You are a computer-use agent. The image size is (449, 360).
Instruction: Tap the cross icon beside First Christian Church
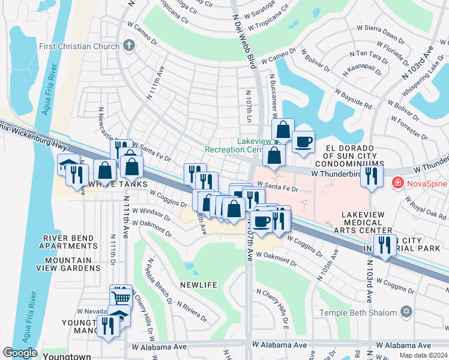click(128, 46)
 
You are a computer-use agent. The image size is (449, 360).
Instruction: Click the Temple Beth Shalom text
click(358, 313)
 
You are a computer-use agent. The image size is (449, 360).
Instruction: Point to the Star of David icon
click(406, 312)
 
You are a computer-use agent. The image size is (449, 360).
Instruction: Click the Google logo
click(20, 353)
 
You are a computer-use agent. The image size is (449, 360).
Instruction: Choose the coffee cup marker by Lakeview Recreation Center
click(303, 142)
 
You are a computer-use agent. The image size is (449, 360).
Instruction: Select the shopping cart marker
click(122, 296)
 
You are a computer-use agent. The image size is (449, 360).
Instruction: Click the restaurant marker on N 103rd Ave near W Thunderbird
click(372, 176)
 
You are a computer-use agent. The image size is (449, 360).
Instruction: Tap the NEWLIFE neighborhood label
click(198, 284)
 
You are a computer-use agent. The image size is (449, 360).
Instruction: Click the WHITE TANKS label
click(118, 184)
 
